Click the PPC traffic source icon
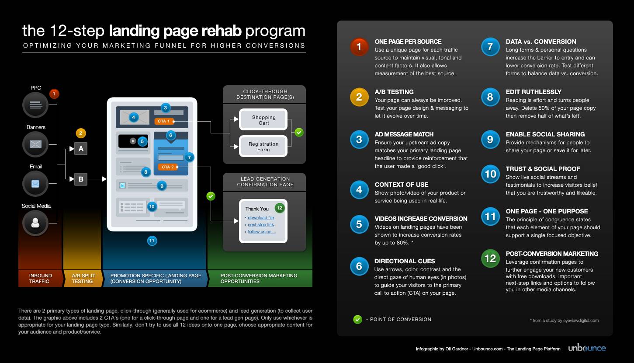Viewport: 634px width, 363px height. coord(35,105)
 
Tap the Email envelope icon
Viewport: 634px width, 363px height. coord(35,184)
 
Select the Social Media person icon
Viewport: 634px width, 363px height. coord(35,223)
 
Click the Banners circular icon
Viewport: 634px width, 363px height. coord(35,144)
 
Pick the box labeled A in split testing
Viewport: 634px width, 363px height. coord(81,149)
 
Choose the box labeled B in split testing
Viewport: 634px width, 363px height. coord(81,179)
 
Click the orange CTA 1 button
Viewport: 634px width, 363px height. coord(164,121)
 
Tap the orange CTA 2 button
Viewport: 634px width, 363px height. coord(168,167)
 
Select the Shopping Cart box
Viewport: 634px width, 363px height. coord(263,120)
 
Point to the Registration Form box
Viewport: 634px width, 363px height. coord(263,147)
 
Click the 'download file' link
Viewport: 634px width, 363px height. coord(261,217)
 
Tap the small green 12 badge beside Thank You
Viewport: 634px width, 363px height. coord(279,208)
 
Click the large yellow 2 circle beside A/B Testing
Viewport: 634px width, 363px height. coord(359,97)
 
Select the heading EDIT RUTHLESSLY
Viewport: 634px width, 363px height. coord(533,92)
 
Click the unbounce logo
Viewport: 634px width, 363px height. coord(587,349)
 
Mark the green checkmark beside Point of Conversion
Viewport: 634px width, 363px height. coord(357,319)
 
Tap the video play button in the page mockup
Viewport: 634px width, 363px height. coord(133,141)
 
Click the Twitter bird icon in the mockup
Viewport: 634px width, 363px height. coord(122,185)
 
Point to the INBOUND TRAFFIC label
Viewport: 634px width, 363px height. coord(40,279)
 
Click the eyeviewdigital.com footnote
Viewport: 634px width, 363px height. coord(564,321)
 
